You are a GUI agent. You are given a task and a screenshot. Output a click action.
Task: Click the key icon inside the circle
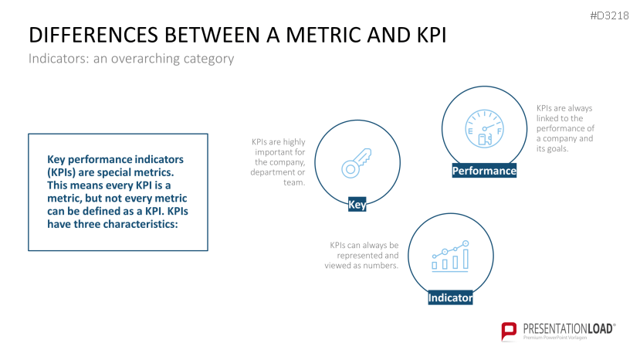(x=357, y=163)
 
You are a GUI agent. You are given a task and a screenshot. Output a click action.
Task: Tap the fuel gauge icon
(x=485, y=129)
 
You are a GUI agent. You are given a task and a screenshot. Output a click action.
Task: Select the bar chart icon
(x=450, y=256)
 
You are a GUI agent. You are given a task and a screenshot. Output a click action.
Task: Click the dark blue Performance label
(x=484, y=171)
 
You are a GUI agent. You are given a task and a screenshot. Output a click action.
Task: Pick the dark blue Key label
(x=357, y=204)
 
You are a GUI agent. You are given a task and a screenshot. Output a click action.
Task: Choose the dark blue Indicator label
(x=450, y=297)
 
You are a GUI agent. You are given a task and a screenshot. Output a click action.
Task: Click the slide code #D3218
(x=609, y=15)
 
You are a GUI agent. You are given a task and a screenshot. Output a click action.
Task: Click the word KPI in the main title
(x=432, y=35)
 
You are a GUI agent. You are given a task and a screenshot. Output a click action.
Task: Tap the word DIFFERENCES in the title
(x=93, y=35)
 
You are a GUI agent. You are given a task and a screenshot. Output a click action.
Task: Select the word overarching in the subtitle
(x=145, y=59)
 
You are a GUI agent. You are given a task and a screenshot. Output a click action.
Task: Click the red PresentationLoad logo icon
(x=509, y=331)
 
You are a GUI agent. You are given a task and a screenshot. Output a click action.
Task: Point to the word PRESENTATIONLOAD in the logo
(x=567, y=328)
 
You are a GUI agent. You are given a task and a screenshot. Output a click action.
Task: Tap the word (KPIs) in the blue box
(x=61, y=172)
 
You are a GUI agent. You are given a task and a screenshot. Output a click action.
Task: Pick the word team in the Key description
(x=294, y=182)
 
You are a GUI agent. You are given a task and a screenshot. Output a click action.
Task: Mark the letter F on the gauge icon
(x=499, y=131)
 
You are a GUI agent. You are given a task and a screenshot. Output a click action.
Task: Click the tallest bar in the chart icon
(x=466, y=258)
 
